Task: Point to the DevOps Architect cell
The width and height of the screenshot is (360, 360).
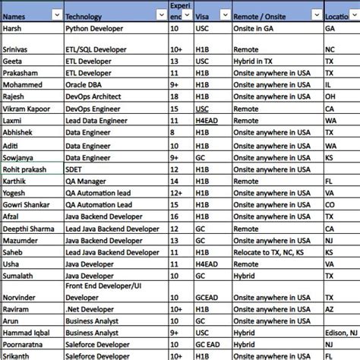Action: tap(94, 96)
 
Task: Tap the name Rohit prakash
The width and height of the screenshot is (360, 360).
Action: tap(26, 169)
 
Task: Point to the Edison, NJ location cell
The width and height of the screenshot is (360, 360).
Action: tap(342, 333)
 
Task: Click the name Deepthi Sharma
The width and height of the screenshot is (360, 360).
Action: tap(29, 228)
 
